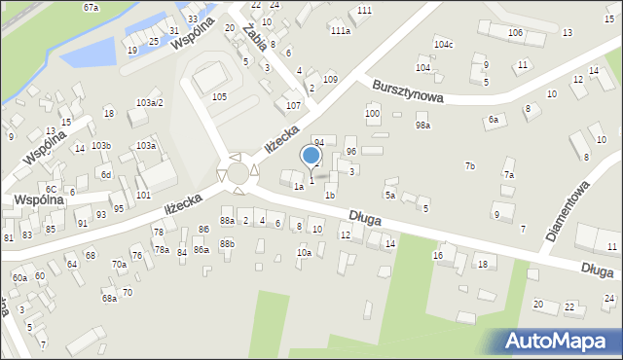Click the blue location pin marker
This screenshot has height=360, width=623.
(311, 156)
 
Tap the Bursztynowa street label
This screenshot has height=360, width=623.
(408, 91)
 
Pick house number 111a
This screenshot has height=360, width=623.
(340, 31)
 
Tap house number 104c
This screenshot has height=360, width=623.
(444, 45)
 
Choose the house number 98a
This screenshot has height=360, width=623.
(422, 125)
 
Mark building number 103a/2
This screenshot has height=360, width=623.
(149, 102)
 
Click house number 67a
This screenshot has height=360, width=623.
(91, 7)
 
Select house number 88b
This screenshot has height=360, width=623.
(227, 243)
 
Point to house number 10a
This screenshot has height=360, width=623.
(304, 253)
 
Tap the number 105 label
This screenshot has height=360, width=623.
(219, 96)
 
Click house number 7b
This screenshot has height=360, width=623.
(470, 166)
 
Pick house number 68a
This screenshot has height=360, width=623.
(109, 298)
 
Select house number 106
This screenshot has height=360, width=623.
(515, 33)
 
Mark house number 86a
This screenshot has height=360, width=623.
(201, 250)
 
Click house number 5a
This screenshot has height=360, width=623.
(388, 196)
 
